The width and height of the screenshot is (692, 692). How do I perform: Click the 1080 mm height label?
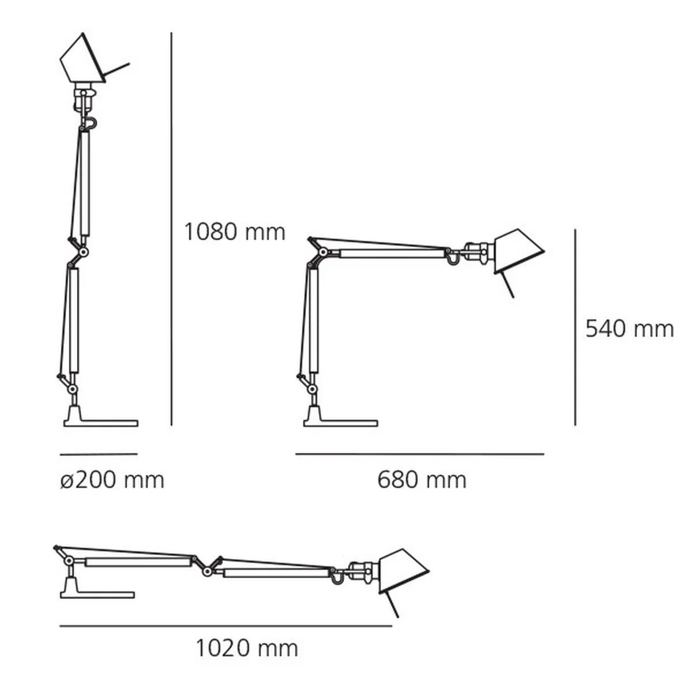point(234,232)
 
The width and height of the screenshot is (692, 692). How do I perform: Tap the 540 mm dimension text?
point(629,329)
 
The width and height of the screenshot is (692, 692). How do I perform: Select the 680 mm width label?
point(422,480)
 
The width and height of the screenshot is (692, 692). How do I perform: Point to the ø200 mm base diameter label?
point(112,480)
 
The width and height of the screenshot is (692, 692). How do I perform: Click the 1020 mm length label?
point(246,648)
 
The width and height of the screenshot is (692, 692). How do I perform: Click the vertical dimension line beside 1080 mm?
point(171,231)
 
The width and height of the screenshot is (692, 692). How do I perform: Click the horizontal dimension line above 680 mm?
point(420,454)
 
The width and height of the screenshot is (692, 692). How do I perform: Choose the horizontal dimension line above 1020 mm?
point(225,625)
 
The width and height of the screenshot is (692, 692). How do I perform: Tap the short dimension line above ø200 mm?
point(98,454)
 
